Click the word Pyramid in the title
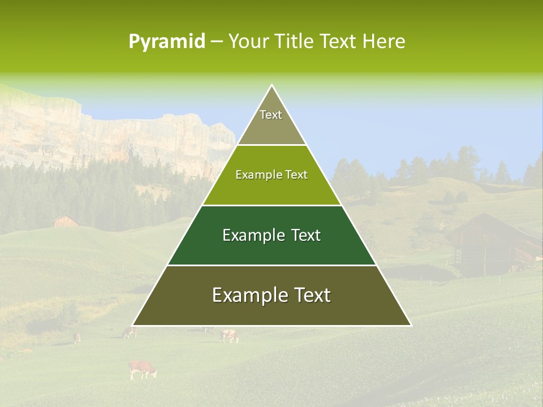167,42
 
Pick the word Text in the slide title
339,42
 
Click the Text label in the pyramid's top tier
271,115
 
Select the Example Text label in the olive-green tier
271,175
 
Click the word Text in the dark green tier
304,235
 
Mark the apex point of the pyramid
271,85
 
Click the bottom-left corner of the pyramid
133,325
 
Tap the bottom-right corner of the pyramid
411,325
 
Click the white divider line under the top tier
271,145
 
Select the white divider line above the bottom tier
271,265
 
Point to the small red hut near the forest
66,221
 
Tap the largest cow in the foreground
142,369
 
